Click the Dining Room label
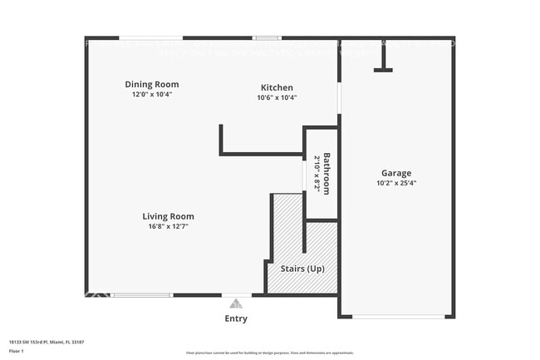click(x=152, y=84)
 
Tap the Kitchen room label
click(x=277, y=87)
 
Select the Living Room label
click(x=168, y=216)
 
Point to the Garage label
click(x=396, y=173)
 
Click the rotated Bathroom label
click(x=326, y=173)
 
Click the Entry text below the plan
click(x=236, y=318)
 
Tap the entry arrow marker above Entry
click(x=236, y=304)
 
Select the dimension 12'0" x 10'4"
click(x=152, y=95)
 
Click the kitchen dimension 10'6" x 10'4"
click(x=277, y=98)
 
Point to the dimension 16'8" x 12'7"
click(x=168, y=226)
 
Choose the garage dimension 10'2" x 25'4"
click(x=396, y=183)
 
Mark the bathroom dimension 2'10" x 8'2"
click(x=317, y=173)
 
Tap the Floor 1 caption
click(x=16, y=351)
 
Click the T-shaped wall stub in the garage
click(x=383, y=58)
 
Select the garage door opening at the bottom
click(x=395, y=317)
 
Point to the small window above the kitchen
click(x=267, y=37)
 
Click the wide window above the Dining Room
click(x=151, y=37)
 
